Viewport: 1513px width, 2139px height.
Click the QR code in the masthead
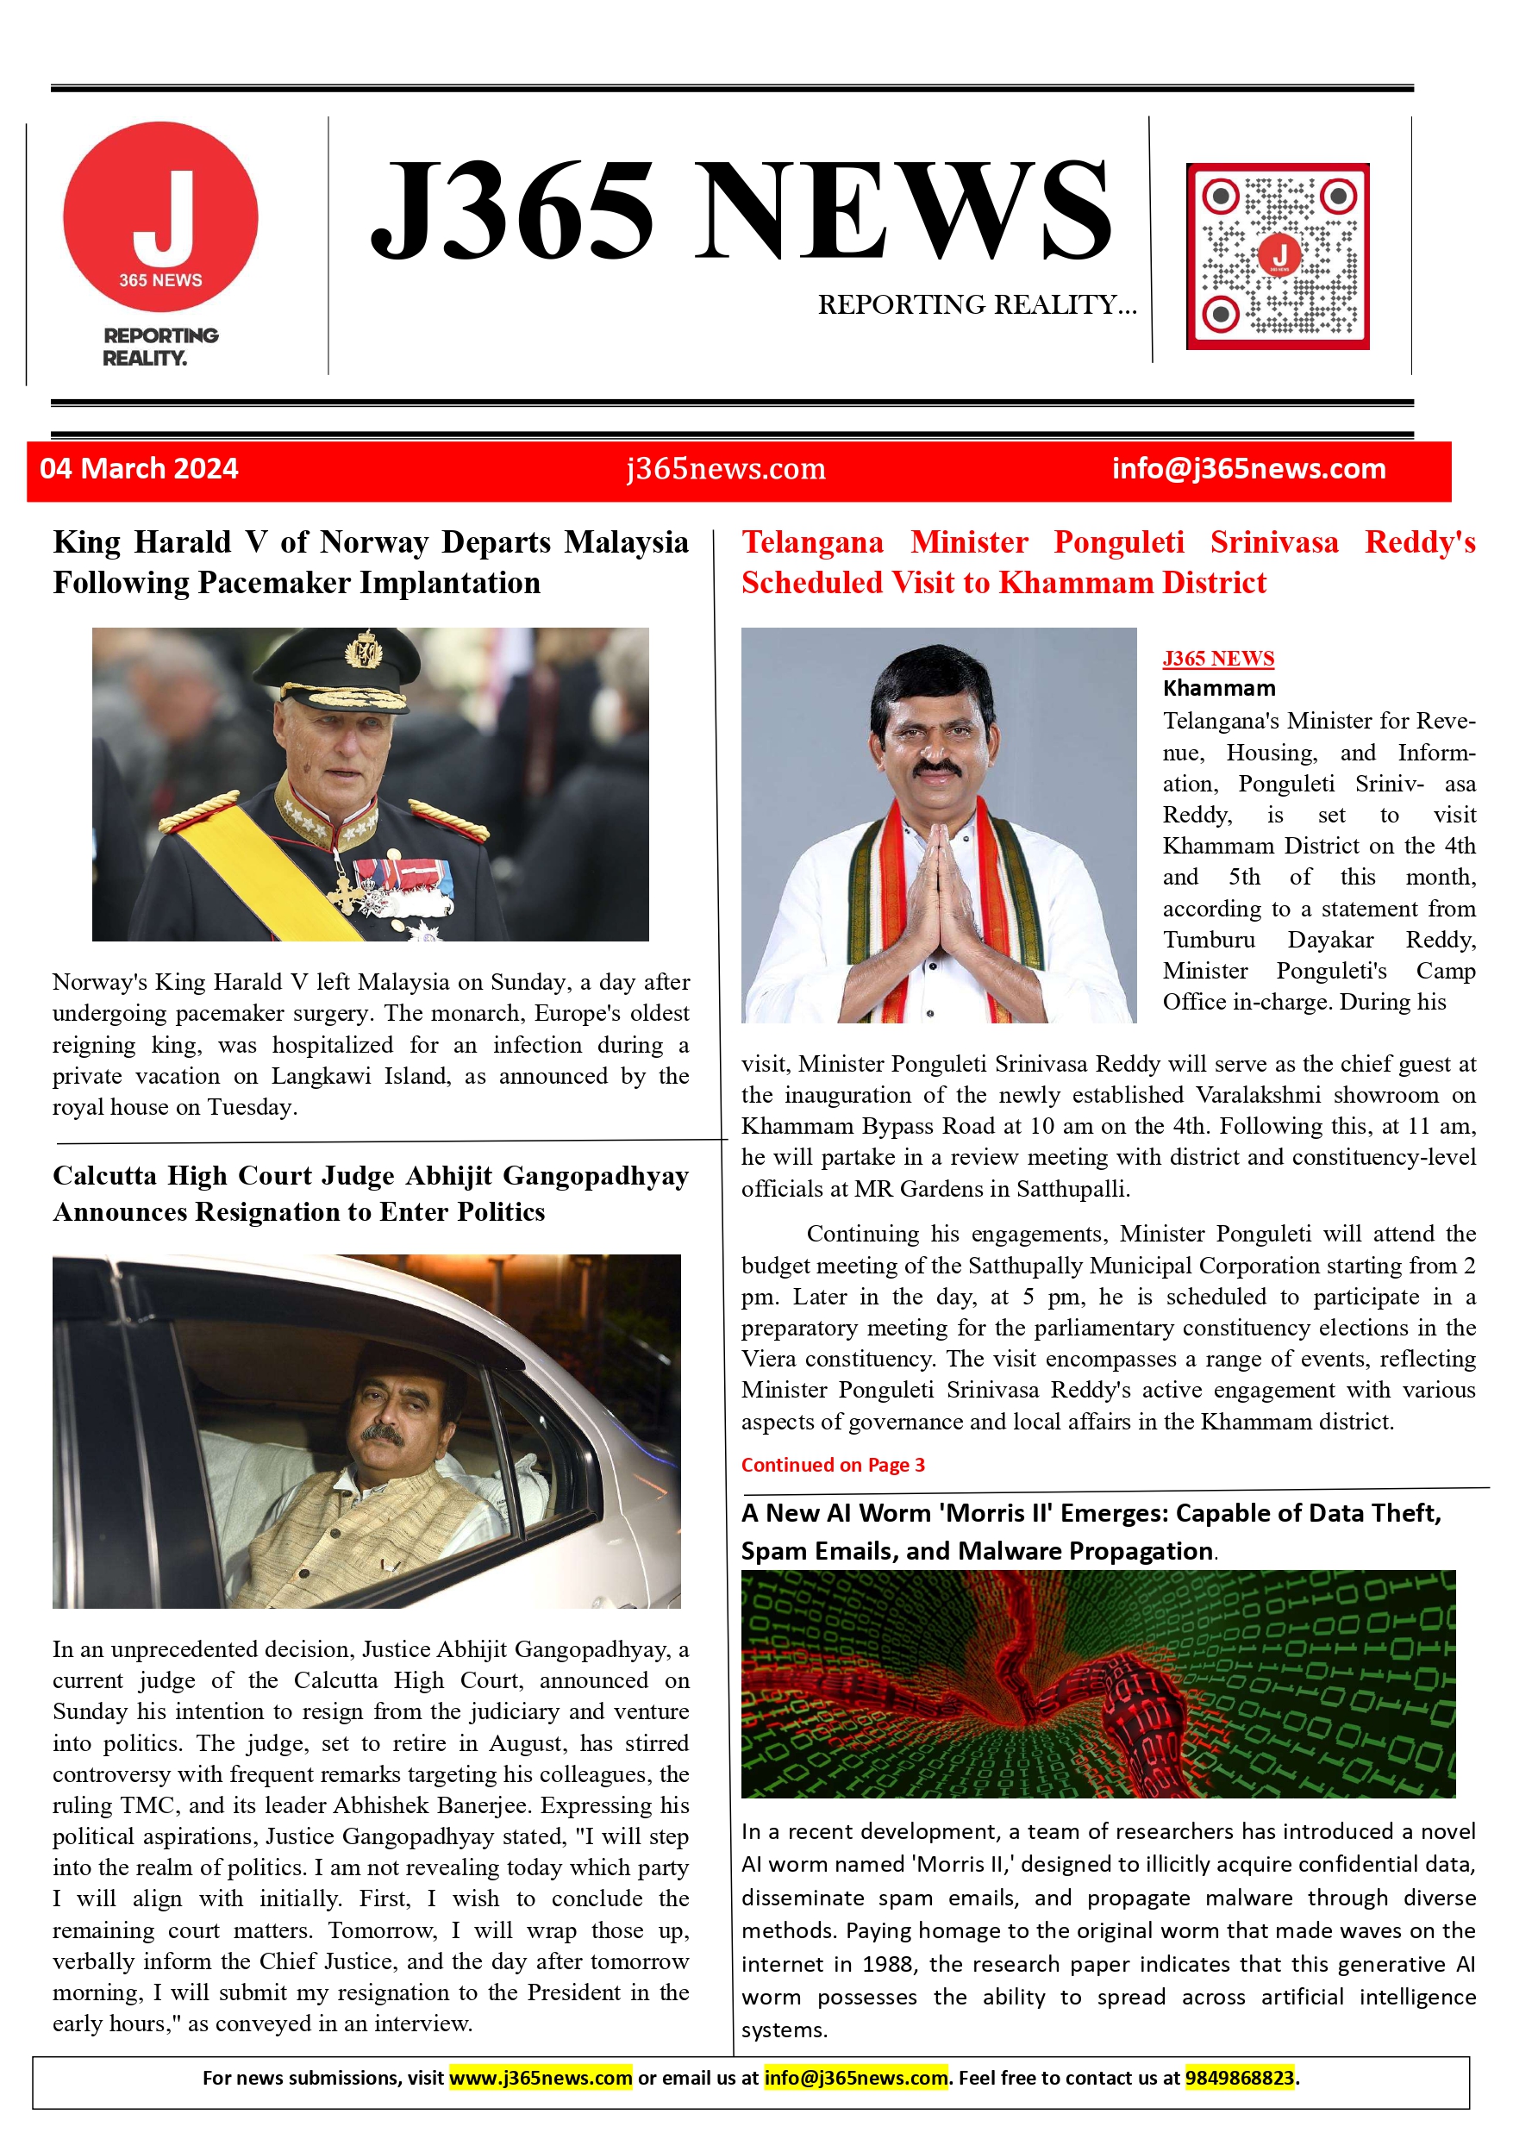(1278, 256)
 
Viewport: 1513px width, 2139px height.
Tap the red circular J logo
(160, 216)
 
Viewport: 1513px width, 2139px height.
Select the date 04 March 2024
(139, 469)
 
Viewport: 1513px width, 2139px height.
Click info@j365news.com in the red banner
(1248, 469)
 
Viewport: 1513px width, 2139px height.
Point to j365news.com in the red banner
(726, 469)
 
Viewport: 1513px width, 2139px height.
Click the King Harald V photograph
(370, 784)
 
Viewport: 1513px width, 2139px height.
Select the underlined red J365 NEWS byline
(1217, 659)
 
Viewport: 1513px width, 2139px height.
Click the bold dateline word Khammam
(1219, 689)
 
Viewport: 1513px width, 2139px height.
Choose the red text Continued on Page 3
(833, 1465)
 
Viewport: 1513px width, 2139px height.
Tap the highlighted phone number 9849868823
(1239, 2078)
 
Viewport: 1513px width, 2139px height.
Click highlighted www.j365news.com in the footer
(541, 2078)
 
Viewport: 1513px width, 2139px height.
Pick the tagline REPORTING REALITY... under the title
(977, 304)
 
